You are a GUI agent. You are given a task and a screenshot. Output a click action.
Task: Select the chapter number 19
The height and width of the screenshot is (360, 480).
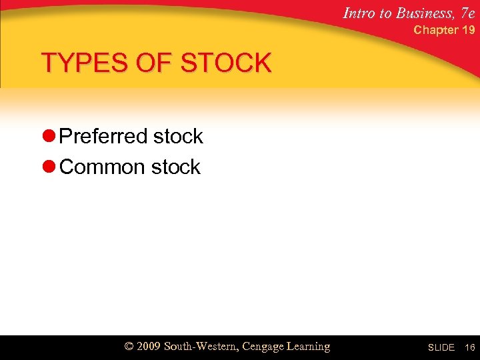coord(468,30)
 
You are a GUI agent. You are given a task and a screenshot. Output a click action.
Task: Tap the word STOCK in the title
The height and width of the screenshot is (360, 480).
coord(226,63)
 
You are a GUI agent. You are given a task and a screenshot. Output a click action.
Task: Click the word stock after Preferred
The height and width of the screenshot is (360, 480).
coord(178,137)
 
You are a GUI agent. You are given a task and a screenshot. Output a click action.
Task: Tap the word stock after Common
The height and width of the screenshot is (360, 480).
coord(175,167)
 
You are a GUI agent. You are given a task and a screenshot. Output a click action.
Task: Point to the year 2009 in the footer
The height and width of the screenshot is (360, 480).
coord(149,347)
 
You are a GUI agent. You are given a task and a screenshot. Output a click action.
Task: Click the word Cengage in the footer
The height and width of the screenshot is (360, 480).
coord(266,347)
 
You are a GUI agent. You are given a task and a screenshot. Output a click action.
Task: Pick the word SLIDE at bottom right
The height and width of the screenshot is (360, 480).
coord(441,348)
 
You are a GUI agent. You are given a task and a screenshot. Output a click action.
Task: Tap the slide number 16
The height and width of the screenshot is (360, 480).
coord(469,348)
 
